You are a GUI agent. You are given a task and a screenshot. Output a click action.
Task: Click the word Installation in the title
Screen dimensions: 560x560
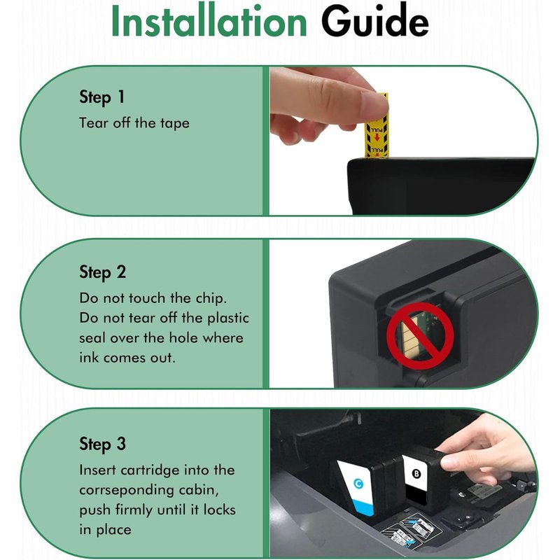click(x=209, y=21)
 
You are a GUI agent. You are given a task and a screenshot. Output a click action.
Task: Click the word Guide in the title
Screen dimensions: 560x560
click(x=374, y=21)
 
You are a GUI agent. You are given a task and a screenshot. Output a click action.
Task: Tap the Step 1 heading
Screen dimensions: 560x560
click(x=101, y=97)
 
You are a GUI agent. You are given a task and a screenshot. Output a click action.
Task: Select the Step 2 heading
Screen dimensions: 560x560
click(x=102, y=272)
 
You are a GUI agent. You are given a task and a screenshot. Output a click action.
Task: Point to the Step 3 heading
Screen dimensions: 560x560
click(x=102, y=444)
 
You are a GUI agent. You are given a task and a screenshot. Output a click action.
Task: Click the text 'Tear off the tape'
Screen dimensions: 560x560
click(x=134, y=123)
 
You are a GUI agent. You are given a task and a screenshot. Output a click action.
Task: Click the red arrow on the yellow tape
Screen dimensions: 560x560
click(x=377, y=137)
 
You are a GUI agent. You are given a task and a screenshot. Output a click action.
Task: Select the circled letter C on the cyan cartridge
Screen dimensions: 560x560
click(x=358, y=484)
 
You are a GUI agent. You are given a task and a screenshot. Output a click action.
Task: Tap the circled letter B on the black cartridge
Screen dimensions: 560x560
click(x=416, y=474)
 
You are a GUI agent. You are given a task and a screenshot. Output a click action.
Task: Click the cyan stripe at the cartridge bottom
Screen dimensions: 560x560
click(x=363, y=507)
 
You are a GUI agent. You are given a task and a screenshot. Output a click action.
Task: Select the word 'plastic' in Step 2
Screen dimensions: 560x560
click(x=228, y=318)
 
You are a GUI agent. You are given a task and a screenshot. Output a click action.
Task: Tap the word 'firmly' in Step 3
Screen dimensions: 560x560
click(x=134, y=510)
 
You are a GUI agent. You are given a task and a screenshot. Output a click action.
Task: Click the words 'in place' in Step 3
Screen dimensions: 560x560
click(x=106, y=530)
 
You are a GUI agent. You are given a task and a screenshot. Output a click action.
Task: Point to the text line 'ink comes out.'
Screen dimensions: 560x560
click(x=127, y=358)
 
